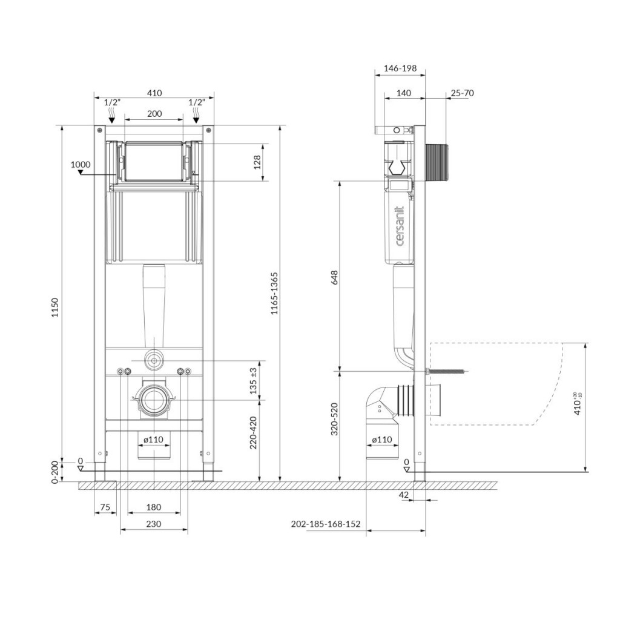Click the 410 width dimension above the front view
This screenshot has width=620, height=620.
tap(154, 93)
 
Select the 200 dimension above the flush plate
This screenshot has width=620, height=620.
tap(154, 113)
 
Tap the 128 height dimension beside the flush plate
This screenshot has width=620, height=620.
tap(257, 162)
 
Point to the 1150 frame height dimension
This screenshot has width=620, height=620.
tap(55, 307)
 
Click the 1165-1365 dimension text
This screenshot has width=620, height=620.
tap(274, 294)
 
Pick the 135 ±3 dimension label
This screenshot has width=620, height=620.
tap(254, 380)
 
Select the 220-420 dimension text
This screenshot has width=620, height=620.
tap(254, 432)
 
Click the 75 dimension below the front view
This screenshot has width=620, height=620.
tap(105, 507)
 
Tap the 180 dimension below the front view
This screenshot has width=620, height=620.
tap(154, 507)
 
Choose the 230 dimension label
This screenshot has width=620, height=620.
tap(154, 524)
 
